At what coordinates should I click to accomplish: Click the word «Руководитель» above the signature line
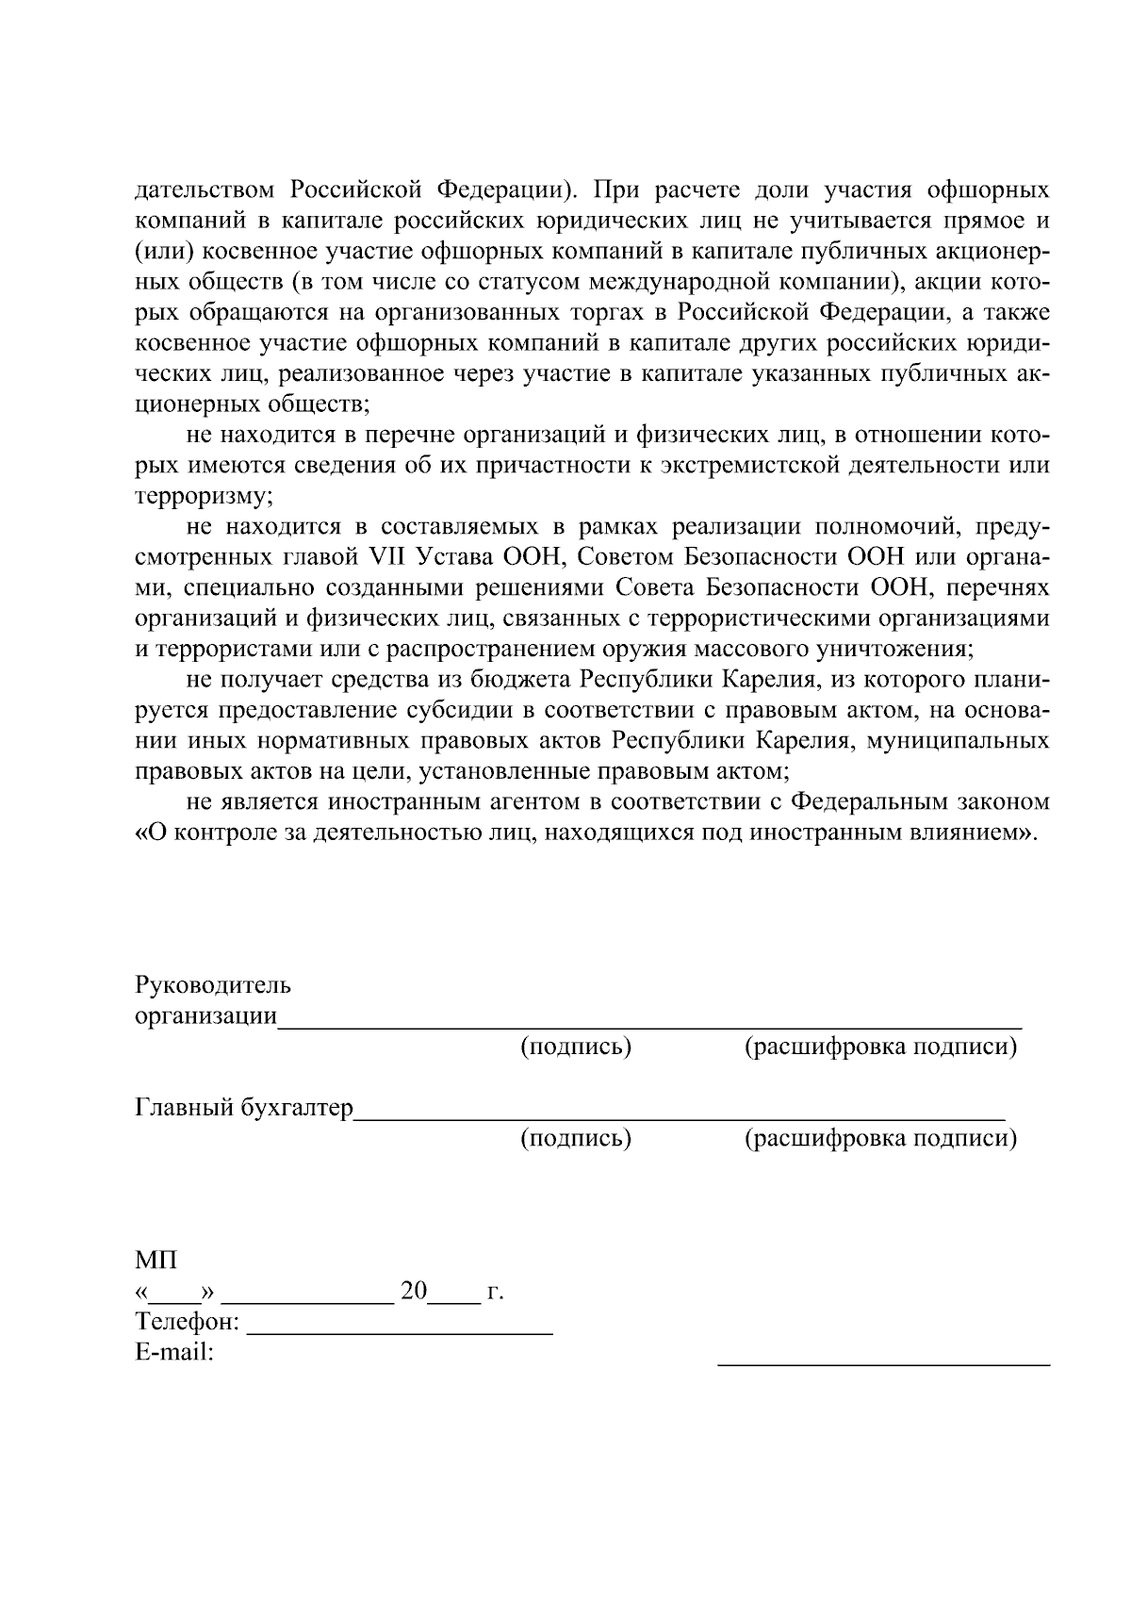[x=213, y=986]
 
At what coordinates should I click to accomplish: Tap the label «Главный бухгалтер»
[x=244, y=1108]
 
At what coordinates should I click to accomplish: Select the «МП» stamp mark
[x=156, y=1261]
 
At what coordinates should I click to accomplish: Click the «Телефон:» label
[x=188, y=1322]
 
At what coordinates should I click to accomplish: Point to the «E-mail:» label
[x=175, y=1353]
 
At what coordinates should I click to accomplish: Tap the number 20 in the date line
[x=414, y=1291]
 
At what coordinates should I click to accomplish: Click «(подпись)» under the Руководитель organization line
[x=576, y=1047]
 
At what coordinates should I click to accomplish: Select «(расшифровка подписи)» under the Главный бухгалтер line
[x=881, y=1138]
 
